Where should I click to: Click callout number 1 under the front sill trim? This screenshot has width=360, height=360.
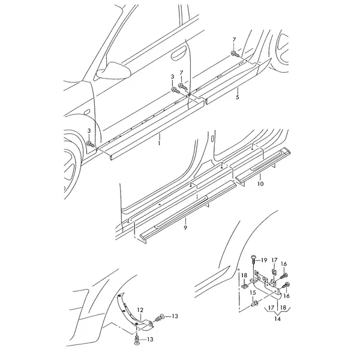tap(159, 143)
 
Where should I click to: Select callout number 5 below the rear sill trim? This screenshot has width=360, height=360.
tap(238, 97)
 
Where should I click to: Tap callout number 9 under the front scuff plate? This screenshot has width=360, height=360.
tap(185, 227)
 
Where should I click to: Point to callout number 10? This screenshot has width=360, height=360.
tap(260, 184)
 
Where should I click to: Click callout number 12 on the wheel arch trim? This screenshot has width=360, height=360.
tap(140, 310)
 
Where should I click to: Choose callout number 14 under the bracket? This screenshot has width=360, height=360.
tap(277, 319)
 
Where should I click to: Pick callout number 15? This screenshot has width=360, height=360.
tap(253, 293)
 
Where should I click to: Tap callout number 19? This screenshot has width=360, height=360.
tap(264, 260)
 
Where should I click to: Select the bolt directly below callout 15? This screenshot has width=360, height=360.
tap(255, 304)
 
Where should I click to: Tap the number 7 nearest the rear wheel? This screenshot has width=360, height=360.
tap(234, 40)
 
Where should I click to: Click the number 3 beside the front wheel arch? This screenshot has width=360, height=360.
tap(89, 131)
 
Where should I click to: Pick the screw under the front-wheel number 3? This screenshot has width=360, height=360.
tap(91, 145)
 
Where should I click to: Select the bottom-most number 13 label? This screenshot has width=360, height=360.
tap(149, 339)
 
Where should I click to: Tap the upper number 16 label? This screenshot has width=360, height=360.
tap(284, 264)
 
